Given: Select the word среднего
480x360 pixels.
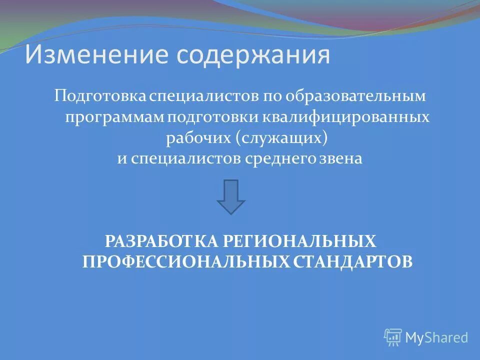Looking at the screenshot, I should tap(277, 159).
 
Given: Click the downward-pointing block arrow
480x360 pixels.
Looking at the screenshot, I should tap(231, 196).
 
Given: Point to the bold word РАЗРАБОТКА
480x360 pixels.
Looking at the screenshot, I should tap(162, 242).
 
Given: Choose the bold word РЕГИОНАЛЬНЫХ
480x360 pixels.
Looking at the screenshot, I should tap(299, 242).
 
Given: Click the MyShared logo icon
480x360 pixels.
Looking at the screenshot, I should tap(393, 337).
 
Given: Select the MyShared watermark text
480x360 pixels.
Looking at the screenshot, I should tap(436, 337).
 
